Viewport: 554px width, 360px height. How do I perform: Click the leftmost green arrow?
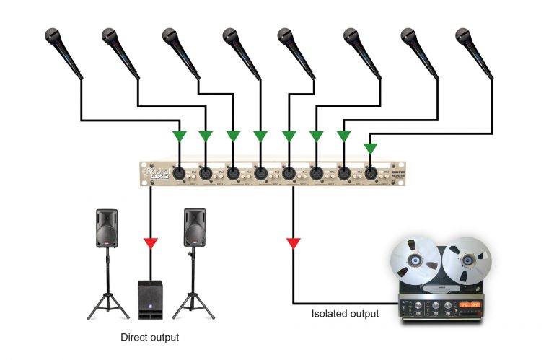pyautogui.click(x=178, y=136)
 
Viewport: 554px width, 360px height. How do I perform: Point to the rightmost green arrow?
pyautogui.click(x=370, y=148)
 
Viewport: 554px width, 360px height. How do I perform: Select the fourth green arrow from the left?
pyautogui.click(x=260, y=136)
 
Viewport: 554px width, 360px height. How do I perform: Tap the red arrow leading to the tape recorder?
pyautogui.click(x=293, y=242)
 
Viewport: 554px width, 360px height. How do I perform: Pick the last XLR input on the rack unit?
pyautogui.click(x=370, y=172)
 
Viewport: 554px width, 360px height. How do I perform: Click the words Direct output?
pyautogui.click(x=150, y=337)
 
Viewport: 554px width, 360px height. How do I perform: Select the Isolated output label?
pyautogui.click(x=345, y=314)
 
